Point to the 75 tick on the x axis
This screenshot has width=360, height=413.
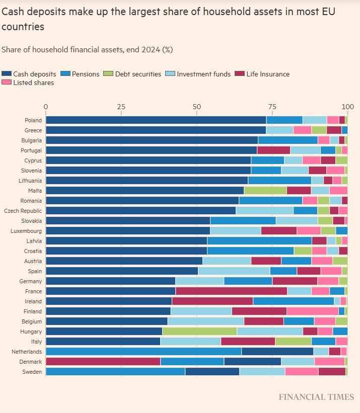pos(272,107)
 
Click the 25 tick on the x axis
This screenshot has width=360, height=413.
pos(121,107)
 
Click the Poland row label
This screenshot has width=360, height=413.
pos(33,120)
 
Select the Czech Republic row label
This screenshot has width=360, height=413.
pos(23,211)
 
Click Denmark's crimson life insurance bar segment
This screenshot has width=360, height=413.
pos(103,362)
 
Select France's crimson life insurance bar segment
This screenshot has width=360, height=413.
pos(231,291)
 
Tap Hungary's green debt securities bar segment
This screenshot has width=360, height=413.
pos(199,332)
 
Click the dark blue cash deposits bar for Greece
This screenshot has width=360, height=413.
pos(156,130)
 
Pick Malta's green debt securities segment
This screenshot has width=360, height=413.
pos(265,191)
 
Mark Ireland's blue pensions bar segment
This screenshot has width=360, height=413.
pos(293,301)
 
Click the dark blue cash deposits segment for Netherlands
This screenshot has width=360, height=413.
pos(277,352)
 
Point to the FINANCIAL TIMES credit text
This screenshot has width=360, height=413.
pos(316,397)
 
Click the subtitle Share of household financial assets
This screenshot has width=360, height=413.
pos(87,50)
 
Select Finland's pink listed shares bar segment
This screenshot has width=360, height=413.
pos(312,311)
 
